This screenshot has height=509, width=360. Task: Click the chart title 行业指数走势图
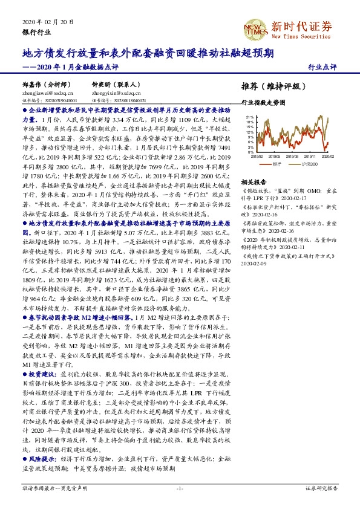coord(262,103)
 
